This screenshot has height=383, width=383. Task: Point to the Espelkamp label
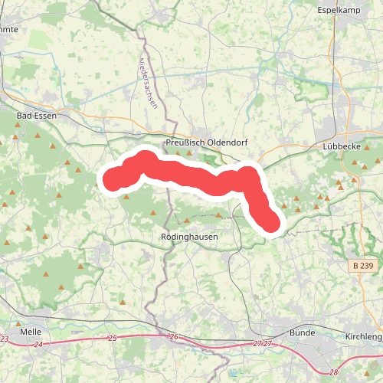point(339,10)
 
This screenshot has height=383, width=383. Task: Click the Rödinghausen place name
point(189,237)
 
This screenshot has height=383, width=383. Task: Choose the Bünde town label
point(303,333)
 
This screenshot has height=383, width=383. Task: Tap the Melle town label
point(31,332)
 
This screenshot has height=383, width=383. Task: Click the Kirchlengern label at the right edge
point(364,336)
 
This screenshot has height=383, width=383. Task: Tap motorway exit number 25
point(113,339)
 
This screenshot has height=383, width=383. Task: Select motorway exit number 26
point(173,338)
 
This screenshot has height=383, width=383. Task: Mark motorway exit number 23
point(5,339)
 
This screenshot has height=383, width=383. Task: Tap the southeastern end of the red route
point(271,223)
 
